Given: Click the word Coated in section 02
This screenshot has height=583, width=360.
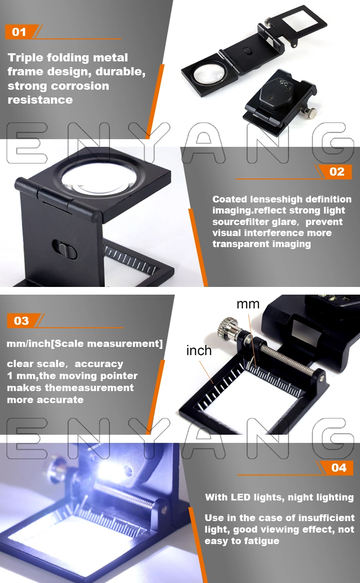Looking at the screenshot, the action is point(229,199).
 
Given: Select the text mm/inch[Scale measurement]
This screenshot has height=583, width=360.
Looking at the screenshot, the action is point(84,344).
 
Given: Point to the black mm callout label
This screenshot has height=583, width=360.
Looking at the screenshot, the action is point(248,304).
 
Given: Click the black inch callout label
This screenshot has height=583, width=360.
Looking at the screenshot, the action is point(199,350).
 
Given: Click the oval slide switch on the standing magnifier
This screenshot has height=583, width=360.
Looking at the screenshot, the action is point(64,249).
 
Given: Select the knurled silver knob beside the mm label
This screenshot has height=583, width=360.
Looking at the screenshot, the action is point(227,327).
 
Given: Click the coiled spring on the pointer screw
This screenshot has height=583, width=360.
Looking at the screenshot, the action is point(287,360).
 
